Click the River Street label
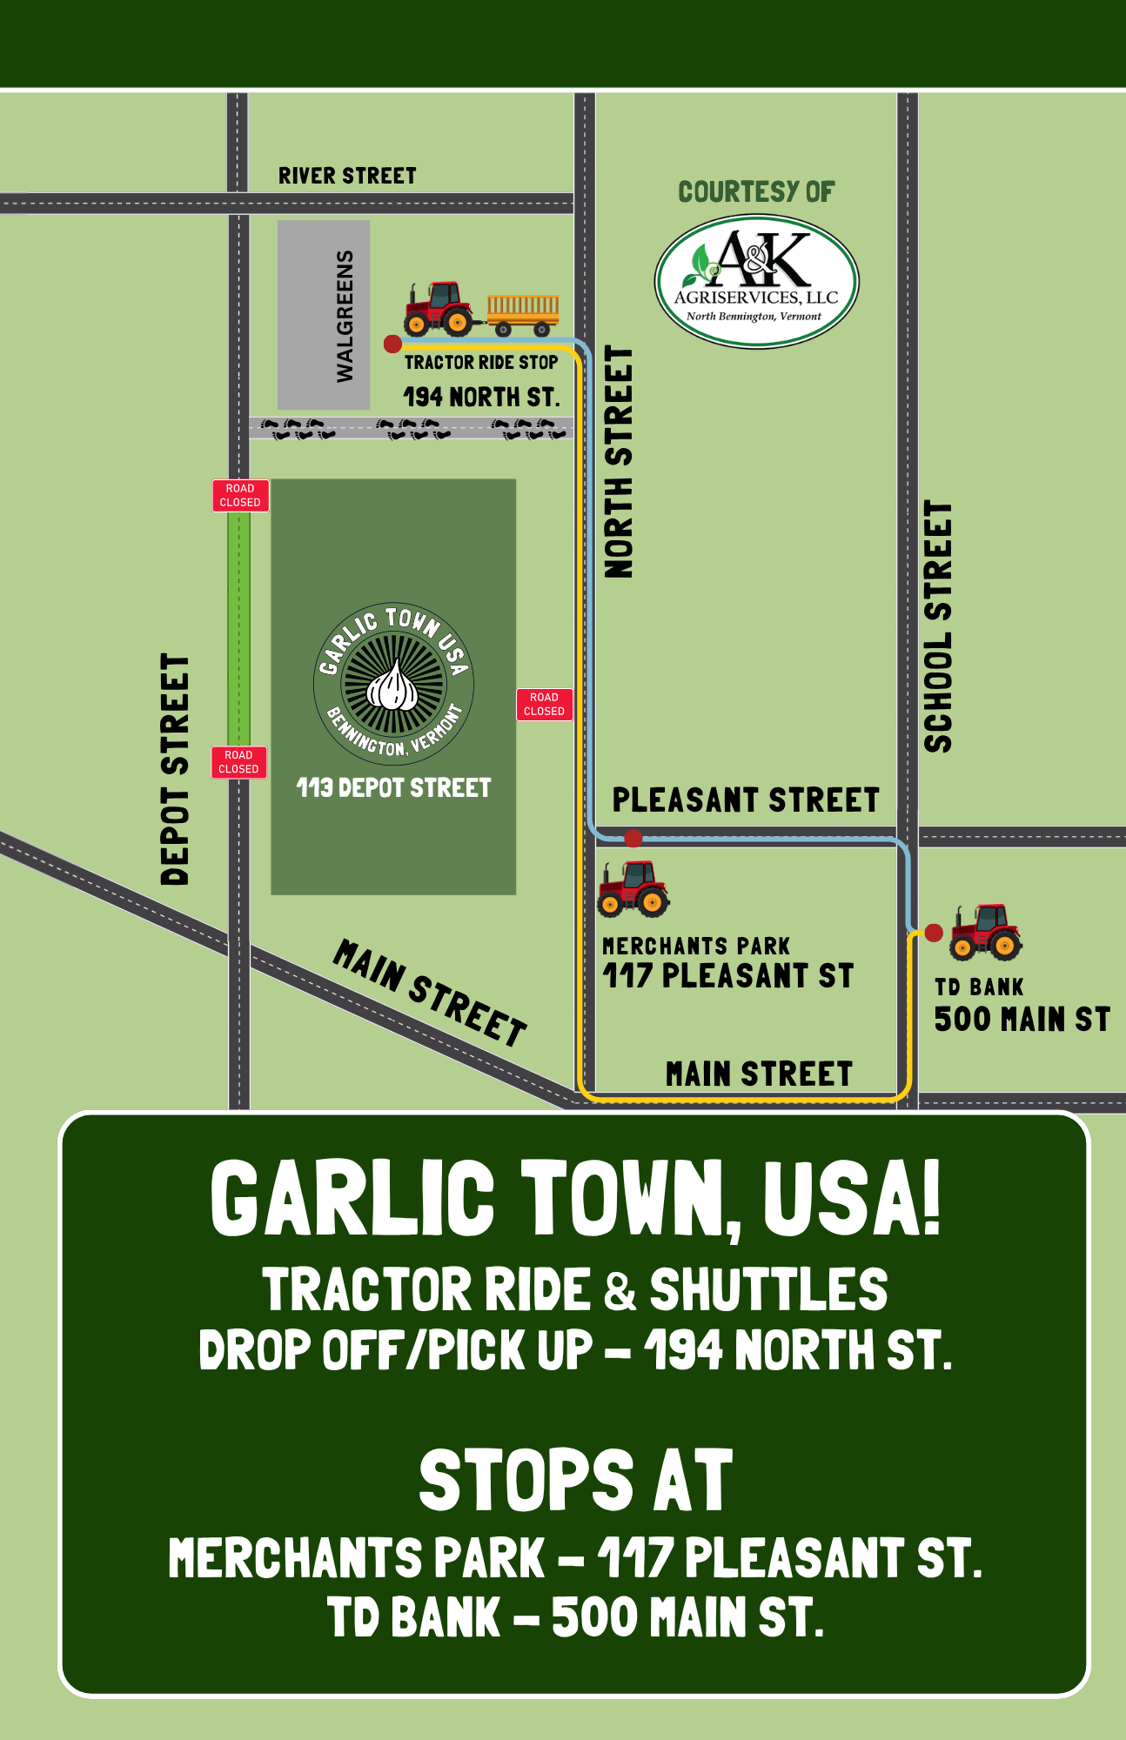(x=347, y=176)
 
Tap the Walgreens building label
(x=345, y=316)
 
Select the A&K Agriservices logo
(x=756, y=282)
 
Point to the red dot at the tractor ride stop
(x=392, y=345)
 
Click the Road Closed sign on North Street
(x=544, y=704)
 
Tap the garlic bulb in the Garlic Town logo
(x=393, y=685)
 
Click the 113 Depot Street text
(x=393, y=788)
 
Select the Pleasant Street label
(x=745, y=800)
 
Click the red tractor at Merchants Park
(x=633, y=888)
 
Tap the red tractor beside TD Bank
(x=985, y=932)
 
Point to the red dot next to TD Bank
(x=934, y=933)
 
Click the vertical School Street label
(x=938, y=626)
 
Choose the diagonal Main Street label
(x=430, y=993)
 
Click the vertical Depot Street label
(x=175, y=770)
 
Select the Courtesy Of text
(x=756, y=192)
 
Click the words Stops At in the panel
(x=575, y=1481)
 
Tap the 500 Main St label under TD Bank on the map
(x=1022, y=1019)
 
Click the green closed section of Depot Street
(x=238, y=626)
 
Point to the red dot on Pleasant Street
(x=633, y=839)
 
